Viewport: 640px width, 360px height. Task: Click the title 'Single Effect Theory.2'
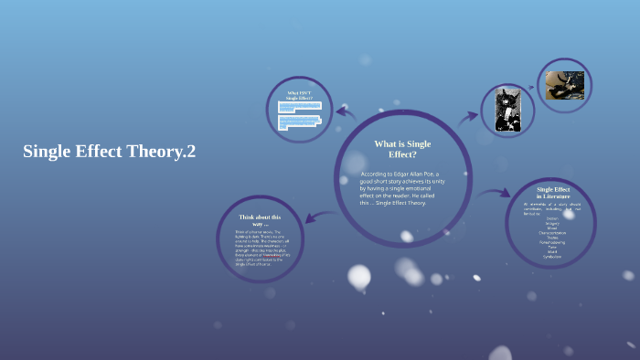coord(110,152)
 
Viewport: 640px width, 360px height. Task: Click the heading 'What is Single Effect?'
coord(402,149)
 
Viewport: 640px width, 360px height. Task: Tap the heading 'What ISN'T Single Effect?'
coord(299,95)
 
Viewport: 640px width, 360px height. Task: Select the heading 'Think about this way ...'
coord(260,220)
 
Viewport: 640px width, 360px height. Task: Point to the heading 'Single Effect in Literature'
coord(553,193)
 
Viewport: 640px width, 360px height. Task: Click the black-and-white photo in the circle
coord(507,111)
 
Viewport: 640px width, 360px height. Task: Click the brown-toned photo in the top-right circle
coord(565,85)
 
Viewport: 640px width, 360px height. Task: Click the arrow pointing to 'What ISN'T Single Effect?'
coord(346,112)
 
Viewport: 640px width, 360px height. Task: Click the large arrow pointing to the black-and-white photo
coord(467,116)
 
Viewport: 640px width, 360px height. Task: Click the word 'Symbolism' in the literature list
coord(552,256)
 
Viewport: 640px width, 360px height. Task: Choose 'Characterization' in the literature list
coord(552,232)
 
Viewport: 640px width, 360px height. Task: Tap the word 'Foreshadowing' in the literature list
coord(552,242)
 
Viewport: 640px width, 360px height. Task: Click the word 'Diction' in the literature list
coord(552,218)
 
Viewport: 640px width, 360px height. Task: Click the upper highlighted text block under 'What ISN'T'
coord(299,107)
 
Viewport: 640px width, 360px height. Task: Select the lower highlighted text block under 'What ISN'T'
coord(299,122)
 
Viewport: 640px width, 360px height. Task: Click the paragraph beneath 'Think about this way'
coord(260,246)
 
